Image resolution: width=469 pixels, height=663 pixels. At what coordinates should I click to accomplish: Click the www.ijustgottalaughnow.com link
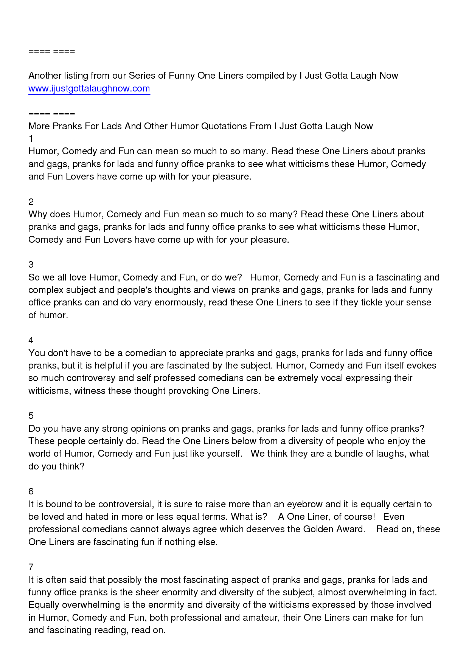point(89,88)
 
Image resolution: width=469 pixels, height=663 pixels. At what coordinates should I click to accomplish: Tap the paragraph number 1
point(31,139)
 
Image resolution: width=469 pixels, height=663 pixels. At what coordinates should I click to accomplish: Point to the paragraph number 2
point(31,202)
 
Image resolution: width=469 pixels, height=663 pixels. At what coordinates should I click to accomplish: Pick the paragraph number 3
point(31,265)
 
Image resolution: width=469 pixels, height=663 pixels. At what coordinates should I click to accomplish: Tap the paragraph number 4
point(31,340)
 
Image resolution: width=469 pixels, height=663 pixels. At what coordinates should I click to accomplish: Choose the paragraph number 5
point(31,416)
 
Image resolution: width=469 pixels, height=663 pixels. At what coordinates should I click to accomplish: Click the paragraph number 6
point(31,491)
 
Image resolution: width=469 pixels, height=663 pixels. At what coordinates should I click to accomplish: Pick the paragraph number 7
point(31,567)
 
